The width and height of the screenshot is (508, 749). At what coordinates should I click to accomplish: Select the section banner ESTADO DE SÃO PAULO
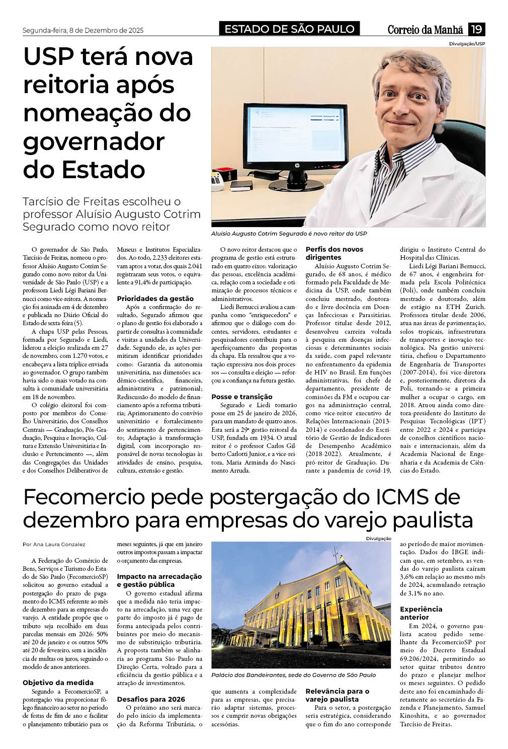[289, 29]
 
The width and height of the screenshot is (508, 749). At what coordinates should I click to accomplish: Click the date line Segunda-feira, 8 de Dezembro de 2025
[83, 30]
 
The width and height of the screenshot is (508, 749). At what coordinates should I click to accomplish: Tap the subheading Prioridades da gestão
[155, 298]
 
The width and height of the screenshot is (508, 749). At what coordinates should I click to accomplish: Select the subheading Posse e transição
[241, 397]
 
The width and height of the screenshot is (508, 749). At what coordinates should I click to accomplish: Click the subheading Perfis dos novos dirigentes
[334, 253]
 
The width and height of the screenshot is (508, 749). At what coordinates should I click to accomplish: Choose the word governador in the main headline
[94, 141]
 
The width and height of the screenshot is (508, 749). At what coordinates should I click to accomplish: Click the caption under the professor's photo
[289, 234]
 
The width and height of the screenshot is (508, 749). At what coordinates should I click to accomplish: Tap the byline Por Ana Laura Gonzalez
[54, 544]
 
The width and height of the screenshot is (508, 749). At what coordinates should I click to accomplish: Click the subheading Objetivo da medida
[58, 683]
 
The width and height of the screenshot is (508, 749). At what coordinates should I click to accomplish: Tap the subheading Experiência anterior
[421, 613]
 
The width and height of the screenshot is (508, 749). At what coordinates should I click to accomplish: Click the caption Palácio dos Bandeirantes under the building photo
[293, 675]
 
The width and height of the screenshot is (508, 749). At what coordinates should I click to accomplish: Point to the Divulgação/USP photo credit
[467, 44]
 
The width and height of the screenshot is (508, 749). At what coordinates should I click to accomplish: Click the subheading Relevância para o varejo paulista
[337, 695]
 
